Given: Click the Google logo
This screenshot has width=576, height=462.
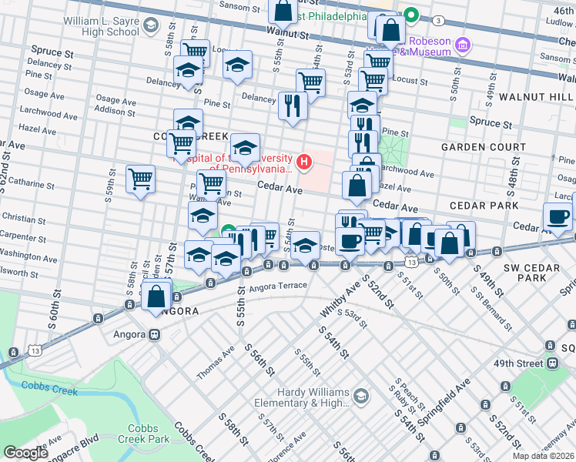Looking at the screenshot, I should pos(26,453).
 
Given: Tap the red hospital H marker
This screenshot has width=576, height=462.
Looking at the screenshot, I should pos(305,162).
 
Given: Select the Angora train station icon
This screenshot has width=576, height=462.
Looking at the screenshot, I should pos(154,335).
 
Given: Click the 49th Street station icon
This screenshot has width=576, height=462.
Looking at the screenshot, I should pos(551,363).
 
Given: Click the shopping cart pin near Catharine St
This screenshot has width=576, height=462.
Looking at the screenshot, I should pos(140,179).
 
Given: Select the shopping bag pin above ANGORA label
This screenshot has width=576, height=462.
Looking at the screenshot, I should pos(156,295).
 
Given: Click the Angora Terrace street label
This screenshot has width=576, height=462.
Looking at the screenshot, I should pos(278,286).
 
